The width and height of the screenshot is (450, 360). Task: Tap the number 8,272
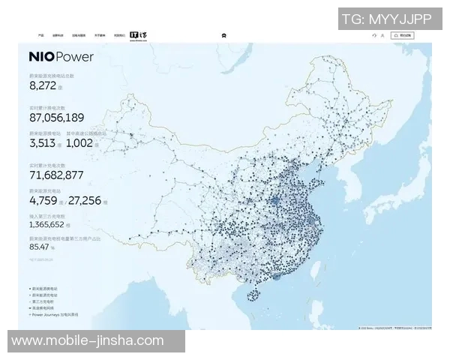point(43,85)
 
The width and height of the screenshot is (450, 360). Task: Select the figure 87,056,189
point(56,118)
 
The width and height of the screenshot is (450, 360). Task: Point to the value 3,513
point(43,142)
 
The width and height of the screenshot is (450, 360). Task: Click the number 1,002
point(79,142)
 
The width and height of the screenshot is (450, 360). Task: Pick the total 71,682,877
point(55,175)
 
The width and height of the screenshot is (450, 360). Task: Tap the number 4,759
point(43,200)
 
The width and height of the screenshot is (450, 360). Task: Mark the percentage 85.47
point(39,246)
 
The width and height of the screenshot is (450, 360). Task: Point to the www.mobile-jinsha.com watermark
point(88,340)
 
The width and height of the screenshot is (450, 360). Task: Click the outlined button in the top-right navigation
point(405,35)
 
